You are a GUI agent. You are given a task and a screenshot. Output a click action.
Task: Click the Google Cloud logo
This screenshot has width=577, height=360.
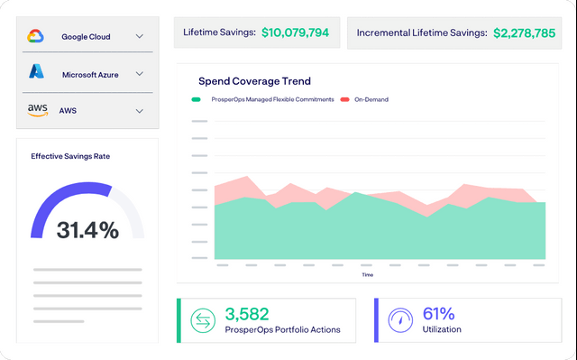(x=36, y=36)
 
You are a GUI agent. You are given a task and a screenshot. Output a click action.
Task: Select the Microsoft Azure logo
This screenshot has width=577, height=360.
(x=36, y=71)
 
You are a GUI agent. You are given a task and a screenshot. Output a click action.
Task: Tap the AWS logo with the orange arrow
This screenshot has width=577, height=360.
(x=38, y=110)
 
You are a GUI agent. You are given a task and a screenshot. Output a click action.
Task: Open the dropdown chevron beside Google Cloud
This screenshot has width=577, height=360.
(x=140, y=36)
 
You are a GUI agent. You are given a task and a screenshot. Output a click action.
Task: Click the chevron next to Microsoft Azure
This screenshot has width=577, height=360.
(x=140, y=74)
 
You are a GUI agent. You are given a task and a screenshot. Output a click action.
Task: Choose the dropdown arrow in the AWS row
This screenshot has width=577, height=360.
(x=140, y=111)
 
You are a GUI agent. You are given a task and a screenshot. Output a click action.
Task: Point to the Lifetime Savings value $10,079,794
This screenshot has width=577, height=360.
(x=295, y=32)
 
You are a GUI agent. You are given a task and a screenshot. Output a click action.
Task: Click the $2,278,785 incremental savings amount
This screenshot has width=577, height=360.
(x=525, y=33)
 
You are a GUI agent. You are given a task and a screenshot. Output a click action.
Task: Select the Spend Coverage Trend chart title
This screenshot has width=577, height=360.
(x=254, y=81)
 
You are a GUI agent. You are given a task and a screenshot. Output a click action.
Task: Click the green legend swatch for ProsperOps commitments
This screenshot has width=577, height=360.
(x=197, y=99)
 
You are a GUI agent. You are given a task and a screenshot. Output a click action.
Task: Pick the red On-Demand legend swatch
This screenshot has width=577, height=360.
(x=344, y=99)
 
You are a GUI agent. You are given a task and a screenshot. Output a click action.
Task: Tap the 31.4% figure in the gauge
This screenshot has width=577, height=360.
(x=88, y=230)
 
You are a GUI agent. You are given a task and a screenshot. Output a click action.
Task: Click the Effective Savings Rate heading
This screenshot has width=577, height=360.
(x=70, y=156)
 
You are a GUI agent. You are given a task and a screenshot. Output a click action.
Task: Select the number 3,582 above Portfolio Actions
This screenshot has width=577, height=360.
(x=247, y=314)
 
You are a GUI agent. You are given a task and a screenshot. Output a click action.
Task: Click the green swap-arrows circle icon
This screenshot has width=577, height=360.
(x=203, y=320)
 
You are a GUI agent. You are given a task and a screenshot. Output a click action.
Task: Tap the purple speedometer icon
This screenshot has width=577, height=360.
(x=400, y=320)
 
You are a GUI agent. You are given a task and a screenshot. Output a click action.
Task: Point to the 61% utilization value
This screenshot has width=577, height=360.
(x=439, y=314)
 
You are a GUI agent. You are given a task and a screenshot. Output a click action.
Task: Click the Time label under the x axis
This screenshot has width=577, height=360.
(x=368, y=274)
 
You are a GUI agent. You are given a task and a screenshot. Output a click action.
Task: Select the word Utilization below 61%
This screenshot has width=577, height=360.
(x=442, y=329)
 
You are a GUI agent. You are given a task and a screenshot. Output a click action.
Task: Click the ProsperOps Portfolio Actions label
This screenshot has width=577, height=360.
(x=282, y=329)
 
